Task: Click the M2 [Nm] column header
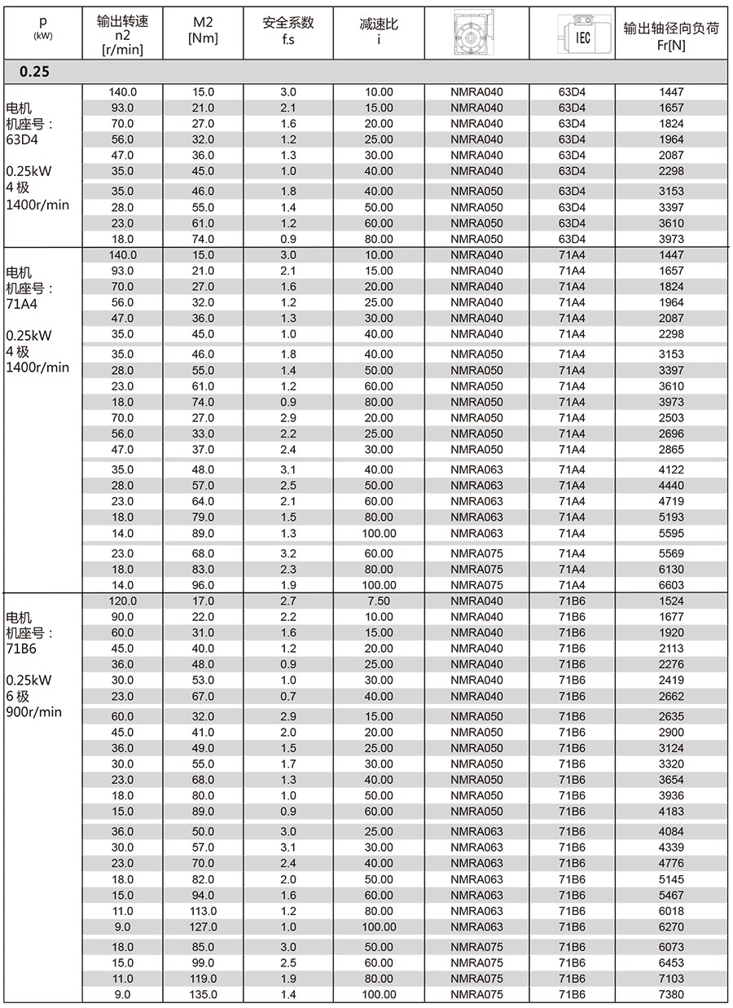point(202,30)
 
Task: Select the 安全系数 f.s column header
point(288,30)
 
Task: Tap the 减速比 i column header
point(379,30)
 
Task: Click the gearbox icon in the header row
point(476,30)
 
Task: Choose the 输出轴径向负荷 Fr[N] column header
point(671,30)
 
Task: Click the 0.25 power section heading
point(35,72)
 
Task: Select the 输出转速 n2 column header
point(122,30)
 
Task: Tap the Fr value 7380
point(671,994)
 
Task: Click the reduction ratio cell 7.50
point(379,601)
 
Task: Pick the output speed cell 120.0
point(122,601)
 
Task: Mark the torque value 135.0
point(202,994)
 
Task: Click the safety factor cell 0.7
point(288,697)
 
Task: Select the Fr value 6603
point(671,585)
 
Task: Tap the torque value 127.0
point(202,927)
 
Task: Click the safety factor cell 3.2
point(288,553)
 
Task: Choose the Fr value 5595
point(671,534)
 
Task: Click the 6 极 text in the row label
point(18,696)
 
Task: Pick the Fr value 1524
point(671,601)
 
